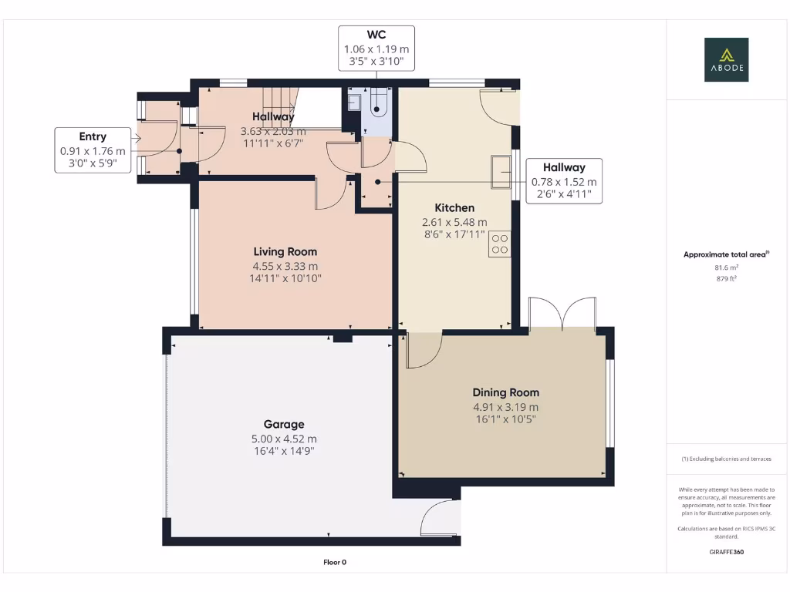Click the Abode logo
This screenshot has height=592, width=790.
[726, 60]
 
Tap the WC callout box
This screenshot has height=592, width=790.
[376, 49]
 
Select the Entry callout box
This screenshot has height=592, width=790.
[93, 150]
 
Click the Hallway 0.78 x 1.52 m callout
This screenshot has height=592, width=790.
[563, 181]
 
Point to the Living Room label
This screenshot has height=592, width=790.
[285, 251]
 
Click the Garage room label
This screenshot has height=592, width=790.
[284, 424]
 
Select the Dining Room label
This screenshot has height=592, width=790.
[505, 392]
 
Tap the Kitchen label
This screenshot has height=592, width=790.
[454, 207]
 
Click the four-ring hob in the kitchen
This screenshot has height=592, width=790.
[500, 244]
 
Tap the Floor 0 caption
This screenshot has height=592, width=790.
[335, 562]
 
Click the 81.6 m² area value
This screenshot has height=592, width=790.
[726, 268]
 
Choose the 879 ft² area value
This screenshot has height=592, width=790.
[726, 278]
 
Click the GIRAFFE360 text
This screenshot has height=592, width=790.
[726, 552]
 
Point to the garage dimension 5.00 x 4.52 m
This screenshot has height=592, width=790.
[284, 439]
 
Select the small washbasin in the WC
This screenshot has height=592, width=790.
[354, 103]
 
